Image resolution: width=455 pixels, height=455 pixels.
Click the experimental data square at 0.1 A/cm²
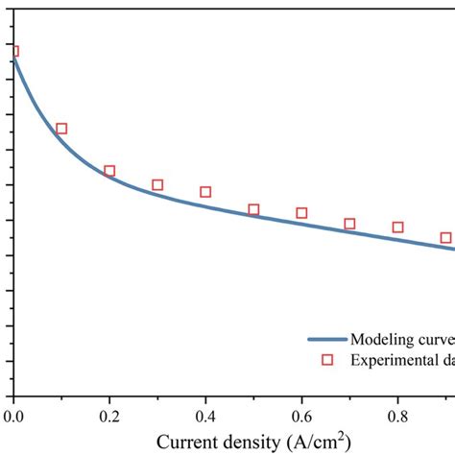[x=61, y=129]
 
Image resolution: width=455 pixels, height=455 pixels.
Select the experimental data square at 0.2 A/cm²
[x=109, y=171]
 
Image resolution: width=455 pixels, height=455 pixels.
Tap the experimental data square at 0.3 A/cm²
[x=157, y=184]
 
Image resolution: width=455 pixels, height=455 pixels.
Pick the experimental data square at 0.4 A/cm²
[x=205, y=192]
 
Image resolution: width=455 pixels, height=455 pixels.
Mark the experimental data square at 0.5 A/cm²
[x=253, y=209]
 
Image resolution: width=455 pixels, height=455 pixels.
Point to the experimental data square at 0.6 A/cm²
[x=301, y=213]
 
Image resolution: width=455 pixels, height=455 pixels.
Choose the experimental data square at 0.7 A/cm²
[x=349, y=224]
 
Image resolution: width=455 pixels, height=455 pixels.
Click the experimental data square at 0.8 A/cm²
[x=397, y=227]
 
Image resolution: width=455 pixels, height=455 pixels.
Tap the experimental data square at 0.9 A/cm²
[x=445, y=237]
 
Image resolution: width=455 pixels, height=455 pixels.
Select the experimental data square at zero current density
[x=13, y=52]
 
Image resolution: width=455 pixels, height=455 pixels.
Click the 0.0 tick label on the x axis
[x=13, y=415]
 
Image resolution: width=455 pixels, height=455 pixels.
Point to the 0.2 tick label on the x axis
[x=109, y=415]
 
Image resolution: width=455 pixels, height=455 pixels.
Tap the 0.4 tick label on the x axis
[x=205, y=415]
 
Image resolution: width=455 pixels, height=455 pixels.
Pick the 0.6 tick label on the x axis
[x=301, y=415]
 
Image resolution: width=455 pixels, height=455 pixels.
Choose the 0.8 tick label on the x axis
[x=397, y=415]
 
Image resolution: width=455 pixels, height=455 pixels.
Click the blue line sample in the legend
[x=326, y=339]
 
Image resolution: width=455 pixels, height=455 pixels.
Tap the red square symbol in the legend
[x=326, y=360]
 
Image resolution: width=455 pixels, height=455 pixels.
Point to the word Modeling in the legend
[x=382, y=339]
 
